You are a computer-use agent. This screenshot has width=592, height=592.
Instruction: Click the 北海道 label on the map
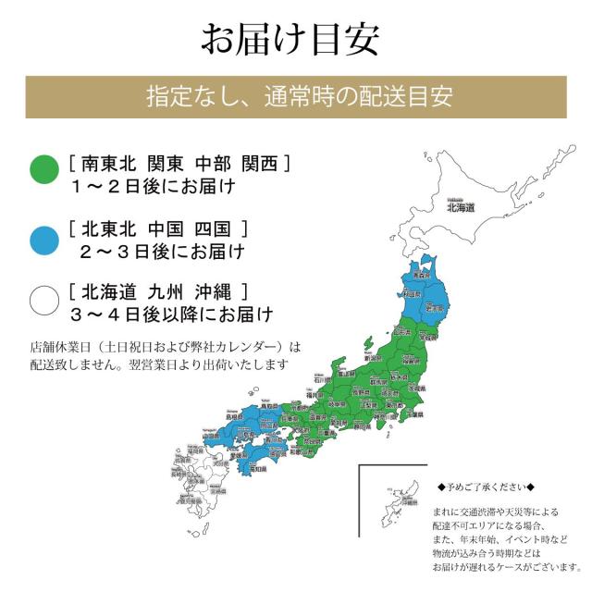pos(460,208)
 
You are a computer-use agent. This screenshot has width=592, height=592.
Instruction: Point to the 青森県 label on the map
pos(422,276)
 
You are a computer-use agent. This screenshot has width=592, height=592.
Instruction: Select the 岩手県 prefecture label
pos(432,305)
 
